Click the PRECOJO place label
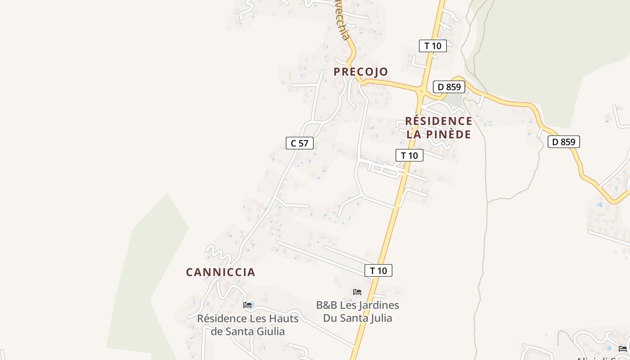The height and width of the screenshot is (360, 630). (x=360, y=72)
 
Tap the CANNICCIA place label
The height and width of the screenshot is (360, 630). (x=220, y=272)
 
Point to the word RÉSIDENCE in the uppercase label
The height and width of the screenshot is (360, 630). (x=439, y=121)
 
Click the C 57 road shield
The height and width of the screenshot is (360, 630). (x=300, y=143)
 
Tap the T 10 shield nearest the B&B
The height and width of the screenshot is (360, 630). (x=378, y=270)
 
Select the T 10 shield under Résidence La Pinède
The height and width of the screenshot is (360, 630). (x=409, y=155)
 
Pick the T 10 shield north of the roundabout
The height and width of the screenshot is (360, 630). (x=433, y=45)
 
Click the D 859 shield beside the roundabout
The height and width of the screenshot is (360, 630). (x=449, y=87)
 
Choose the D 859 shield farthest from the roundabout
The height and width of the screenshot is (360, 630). (x=563, y=142)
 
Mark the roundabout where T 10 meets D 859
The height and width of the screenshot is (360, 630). (x=422, y=91)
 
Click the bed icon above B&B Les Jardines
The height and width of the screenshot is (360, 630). (x=357, y=292)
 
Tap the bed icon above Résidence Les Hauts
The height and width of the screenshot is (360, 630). (x=247, y=305)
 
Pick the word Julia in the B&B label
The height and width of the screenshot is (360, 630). (x=378, y=318)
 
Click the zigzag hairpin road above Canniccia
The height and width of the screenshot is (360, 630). (x=218, y=253)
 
